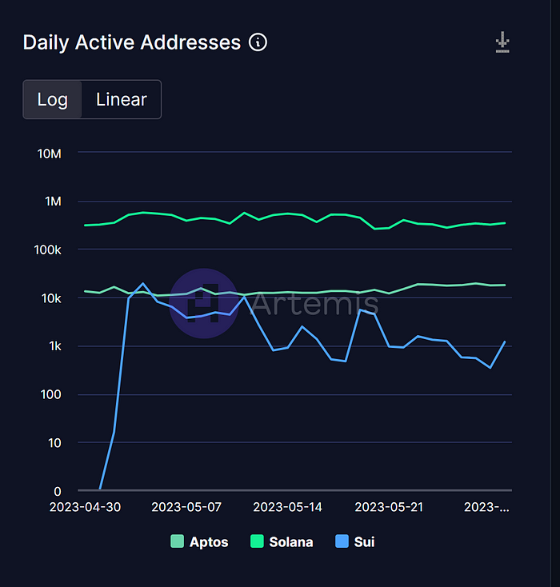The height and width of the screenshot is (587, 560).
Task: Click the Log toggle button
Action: coord(53,100)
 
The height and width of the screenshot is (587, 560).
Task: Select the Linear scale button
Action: coord(122,100)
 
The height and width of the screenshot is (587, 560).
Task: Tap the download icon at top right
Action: coord(502,42)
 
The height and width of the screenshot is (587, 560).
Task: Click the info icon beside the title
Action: coord(258,42)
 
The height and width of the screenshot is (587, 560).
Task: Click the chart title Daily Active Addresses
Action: coord(132,42)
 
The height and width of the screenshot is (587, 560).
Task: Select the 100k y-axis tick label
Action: coord(46,250)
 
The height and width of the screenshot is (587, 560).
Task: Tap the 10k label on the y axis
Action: coord(50,298)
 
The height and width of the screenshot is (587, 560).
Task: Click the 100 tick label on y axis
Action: coord(51,394)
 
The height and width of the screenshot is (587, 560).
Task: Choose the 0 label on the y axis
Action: coord(58,491)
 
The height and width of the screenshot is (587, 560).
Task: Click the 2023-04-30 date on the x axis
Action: coord(86,507)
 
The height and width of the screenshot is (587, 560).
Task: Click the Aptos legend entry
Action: coord(199,541)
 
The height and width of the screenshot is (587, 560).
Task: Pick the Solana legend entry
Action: coord(281,541)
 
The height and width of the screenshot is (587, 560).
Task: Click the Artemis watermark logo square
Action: coord(204,302)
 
